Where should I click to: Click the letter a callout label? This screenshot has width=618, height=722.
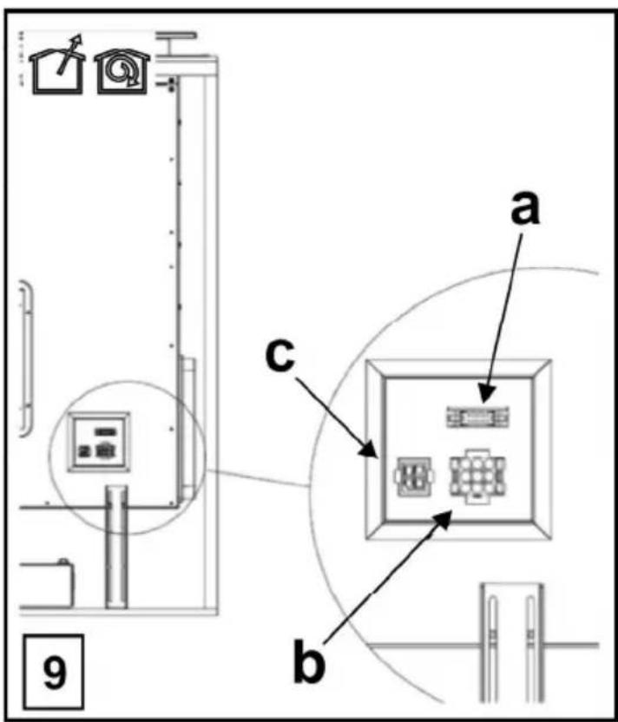[525, 209]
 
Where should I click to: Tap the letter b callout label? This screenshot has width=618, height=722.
[310, 661]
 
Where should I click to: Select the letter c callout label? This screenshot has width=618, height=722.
[280, 356]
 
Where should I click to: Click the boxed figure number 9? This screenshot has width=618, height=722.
[54, 672]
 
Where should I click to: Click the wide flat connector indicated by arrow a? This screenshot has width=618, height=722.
[477, 417]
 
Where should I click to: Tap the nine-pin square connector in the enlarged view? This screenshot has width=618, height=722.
[477, 476]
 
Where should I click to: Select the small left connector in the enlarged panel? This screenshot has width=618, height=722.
[414, 476]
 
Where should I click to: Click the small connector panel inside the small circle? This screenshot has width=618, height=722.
[99, 442]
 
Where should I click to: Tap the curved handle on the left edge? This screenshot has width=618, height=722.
[26, 359]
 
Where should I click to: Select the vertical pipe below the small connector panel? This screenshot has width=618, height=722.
[116, 547]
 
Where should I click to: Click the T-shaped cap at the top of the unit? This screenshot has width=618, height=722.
[177, 43]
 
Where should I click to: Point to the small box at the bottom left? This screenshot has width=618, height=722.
[46, 584]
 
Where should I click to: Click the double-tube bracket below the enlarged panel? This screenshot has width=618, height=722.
[512, 643]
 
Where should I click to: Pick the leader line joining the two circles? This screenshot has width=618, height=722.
[257, 478]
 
